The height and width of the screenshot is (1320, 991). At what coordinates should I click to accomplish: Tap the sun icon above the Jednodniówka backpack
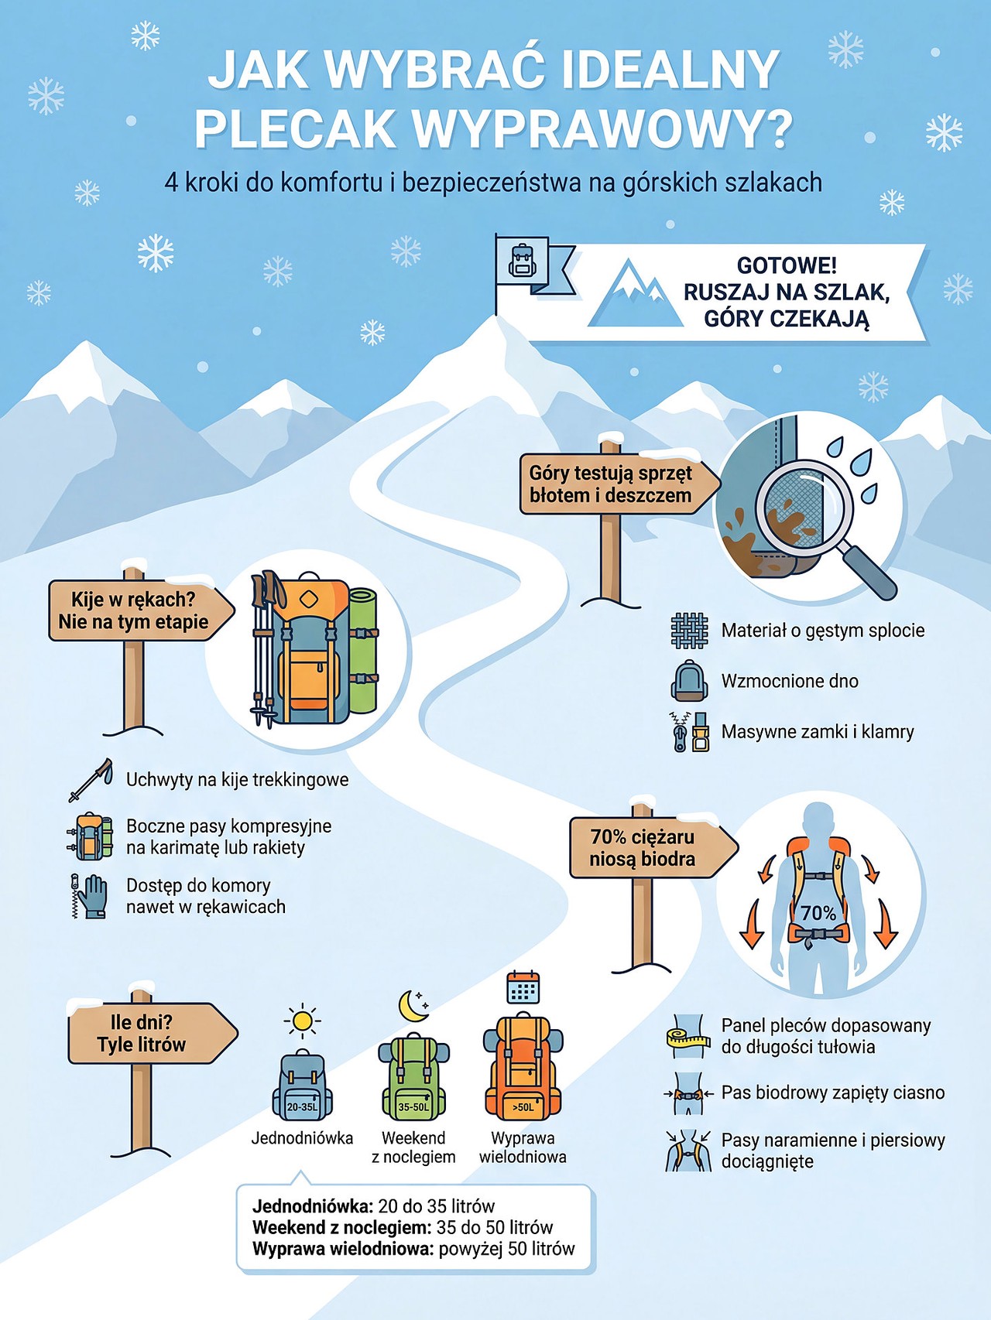(x=302, y=1021)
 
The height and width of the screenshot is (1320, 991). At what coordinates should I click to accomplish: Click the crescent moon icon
(x=413, y=1006)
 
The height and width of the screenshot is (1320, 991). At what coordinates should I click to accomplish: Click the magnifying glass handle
(x=869, y=573)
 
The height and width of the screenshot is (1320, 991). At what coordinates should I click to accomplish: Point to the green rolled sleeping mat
(x=362, y=651)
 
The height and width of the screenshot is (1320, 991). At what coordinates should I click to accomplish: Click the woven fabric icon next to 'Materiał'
(x=689, y=630)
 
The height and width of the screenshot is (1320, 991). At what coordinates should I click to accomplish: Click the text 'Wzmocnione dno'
(x=790, y=681)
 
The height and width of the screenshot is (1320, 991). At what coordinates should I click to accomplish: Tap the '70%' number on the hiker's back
(x=818, y=913)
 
